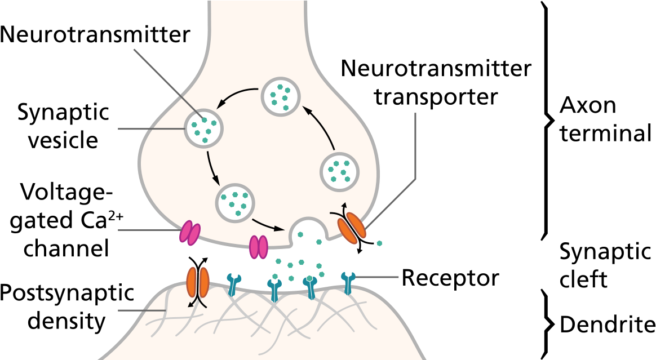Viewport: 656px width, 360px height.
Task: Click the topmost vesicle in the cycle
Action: [281, 96]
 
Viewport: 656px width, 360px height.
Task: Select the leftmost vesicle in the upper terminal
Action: [203, 128]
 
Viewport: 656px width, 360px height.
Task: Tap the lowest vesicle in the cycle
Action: [235, 203]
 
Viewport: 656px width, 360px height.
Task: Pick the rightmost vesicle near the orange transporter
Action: [339, 171]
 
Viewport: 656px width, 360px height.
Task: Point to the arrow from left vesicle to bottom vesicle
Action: [212, 167]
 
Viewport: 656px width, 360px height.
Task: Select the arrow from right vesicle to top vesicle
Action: [321, 126]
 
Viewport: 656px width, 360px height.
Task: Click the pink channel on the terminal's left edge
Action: [189, 233]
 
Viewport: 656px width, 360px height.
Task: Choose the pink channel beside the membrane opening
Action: [259, 247]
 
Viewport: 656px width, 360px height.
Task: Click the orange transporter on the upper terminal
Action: [352, 228]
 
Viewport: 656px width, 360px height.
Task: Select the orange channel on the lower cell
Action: [198, 282]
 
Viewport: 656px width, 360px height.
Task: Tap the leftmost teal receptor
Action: [233, 283]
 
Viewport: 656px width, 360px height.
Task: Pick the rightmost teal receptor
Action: [348, 282]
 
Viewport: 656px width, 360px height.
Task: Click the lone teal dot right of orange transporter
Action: [379, 243]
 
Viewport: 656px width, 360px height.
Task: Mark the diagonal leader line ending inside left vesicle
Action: [167, 83]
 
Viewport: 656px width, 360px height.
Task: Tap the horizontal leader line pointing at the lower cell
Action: [141, 310]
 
